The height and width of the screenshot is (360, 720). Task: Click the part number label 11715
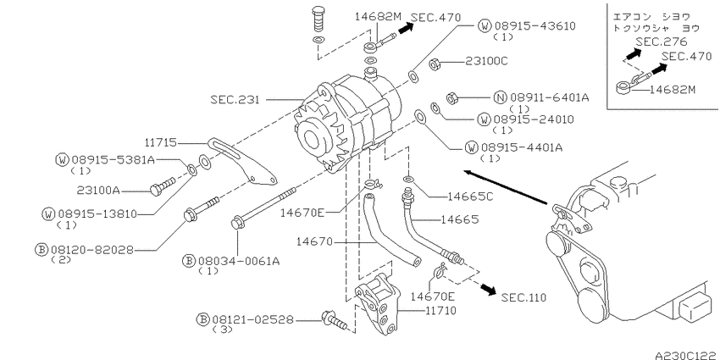pyautogui.click(x=160, y=143)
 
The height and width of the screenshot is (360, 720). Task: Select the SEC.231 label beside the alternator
pyautogui.click(x=235, y=99)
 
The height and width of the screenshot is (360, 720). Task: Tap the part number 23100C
pyautogui.click(x=487, y=61)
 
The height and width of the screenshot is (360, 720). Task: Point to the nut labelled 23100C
pyautogui.click(x=435, y=64)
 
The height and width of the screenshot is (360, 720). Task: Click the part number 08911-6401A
pyautogui.click(x=550, y=97)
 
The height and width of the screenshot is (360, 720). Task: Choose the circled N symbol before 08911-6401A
pyautogui.click(x=501, y=97)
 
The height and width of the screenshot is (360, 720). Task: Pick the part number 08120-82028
pyautogui.click(x=91, y=250)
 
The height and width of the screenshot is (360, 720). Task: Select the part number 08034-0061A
pyautogui.click(x=239, y=261)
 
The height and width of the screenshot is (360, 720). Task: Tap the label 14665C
pyautogui.click(x=470, y=197)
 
